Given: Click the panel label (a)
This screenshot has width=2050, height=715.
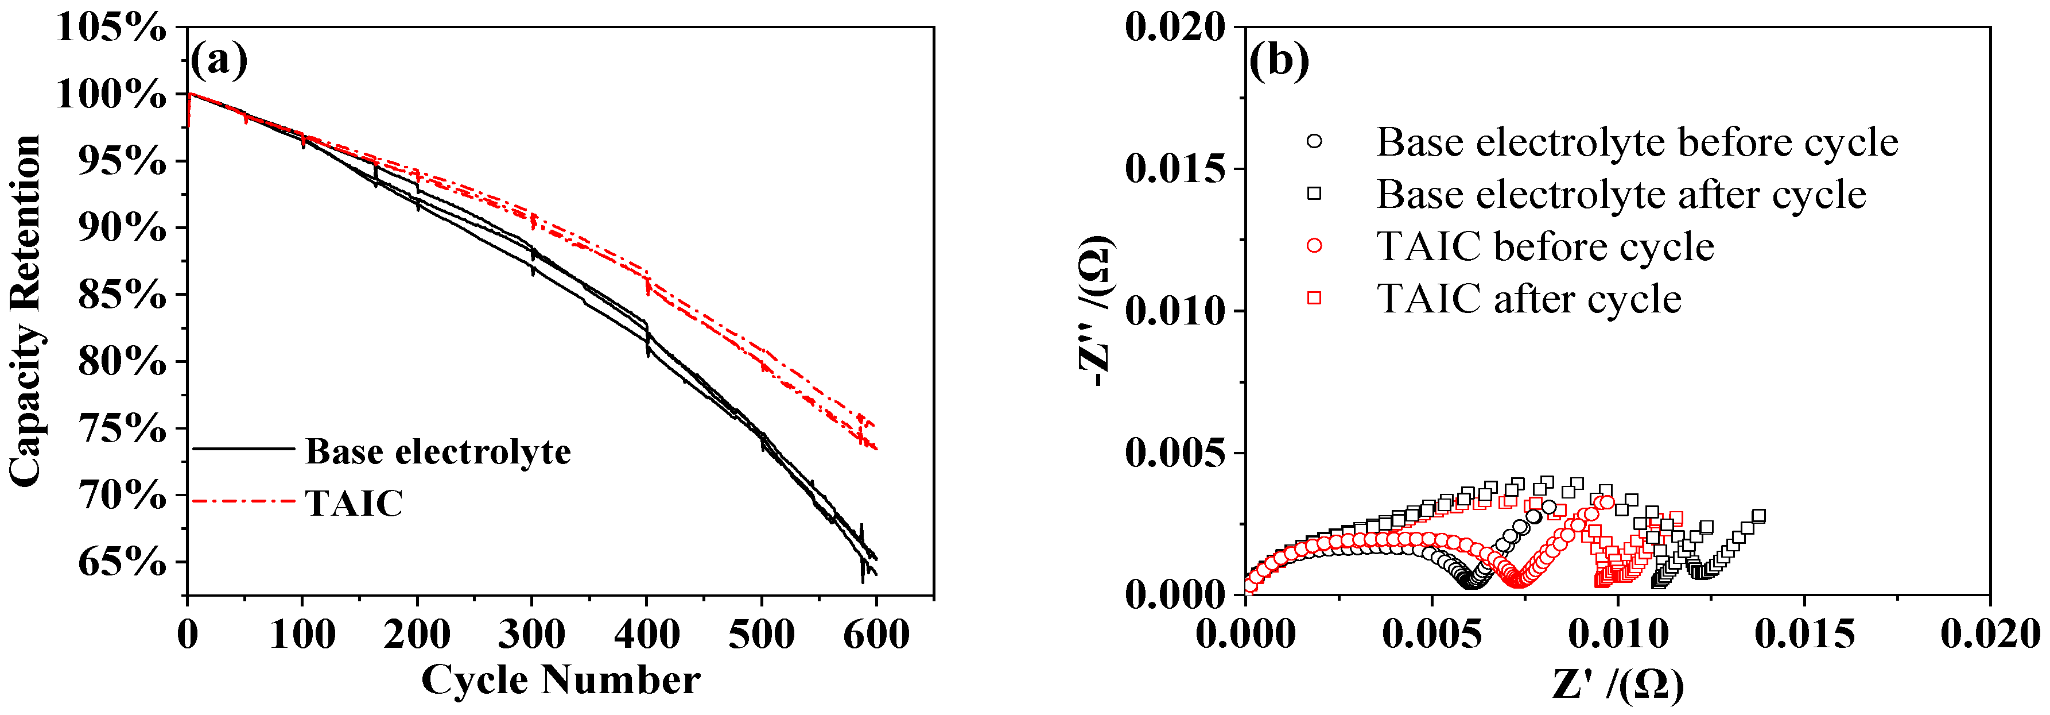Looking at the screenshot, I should [x=219, y=60].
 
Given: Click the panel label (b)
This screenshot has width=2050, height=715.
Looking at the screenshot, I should [x=1278, y=60].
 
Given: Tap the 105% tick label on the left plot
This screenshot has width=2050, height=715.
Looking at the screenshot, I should [x=111, y=28].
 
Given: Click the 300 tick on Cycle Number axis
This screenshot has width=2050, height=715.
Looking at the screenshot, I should [x=531, y=635].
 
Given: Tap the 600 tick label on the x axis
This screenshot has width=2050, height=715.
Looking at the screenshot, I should [x=876, y=635].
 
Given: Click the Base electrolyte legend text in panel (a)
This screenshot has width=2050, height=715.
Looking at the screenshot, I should [x=438, y=451].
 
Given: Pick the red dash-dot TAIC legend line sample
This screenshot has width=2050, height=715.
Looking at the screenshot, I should [x=243, y=501].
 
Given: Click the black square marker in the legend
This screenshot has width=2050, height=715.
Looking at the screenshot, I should [x=1314, y=194].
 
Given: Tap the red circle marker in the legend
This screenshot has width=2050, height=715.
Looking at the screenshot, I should [x=1314, y=246].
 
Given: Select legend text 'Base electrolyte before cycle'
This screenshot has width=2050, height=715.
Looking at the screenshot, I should [x=1637, y=142].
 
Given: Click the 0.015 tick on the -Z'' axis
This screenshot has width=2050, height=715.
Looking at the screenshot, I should [x=1175, y=169].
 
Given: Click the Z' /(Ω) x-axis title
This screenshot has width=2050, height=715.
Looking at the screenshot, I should [x=1617, y=684].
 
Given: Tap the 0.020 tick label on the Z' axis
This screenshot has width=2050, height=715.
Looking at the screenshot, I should [x=1990, y=635].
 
